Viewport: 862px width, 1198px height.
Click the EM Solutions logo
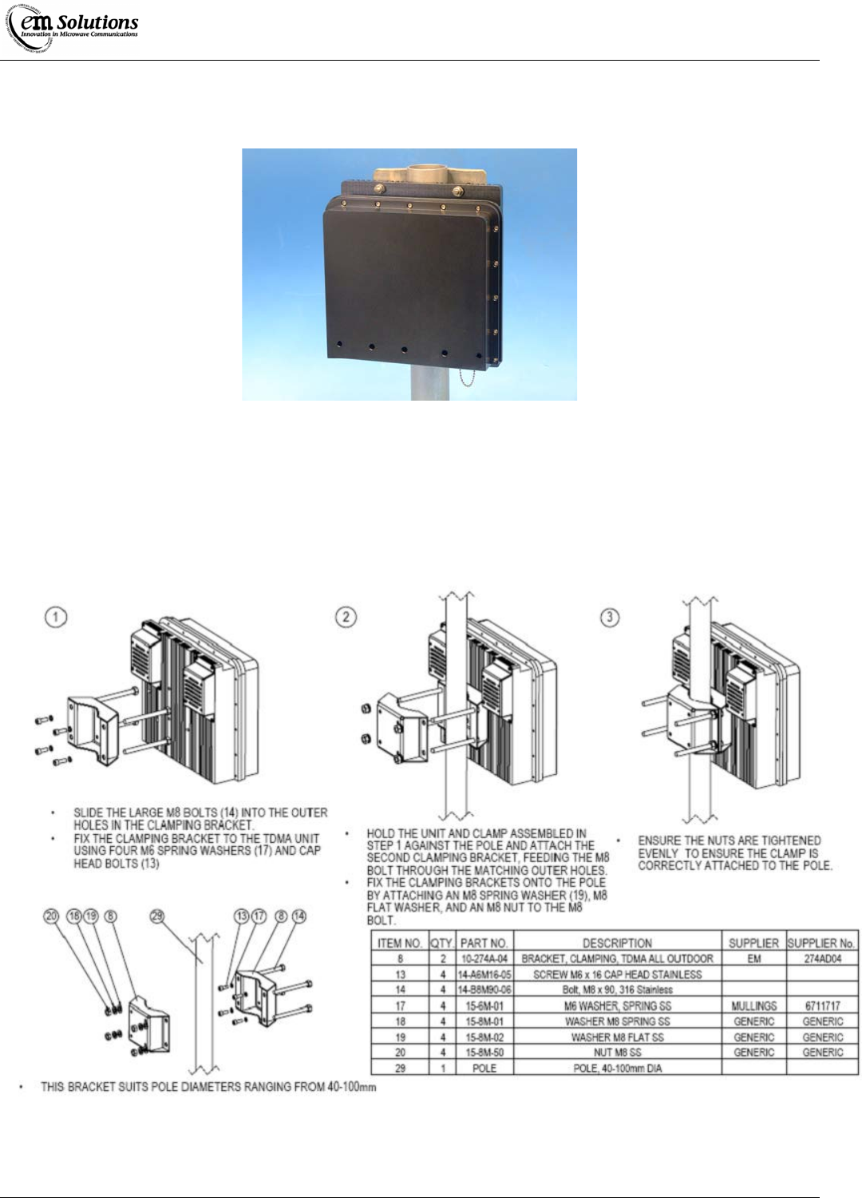[x=73, y=29]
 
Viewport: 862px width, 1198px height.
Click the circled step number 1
[x=55, y=617]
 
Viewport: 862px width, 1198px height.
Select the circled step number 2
[x=346, y=617]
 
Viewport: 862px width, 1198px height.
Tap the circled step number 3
[x=610, y=617]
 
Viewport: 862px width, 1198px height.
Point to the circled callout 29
[x=156, y=916]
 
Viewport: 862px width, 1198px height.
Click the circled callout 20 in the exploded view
[x=51, y=916]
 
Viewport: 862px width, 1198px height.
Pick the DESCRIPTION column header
[x=617, y=943]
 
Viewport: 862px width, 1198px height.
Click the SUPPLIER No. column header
[x=821, y=943]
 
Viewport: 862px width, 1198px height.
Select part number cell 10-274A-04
[x=484, y=959]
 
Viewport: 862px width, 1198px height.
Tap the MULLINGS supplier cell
[x=753, y=1006]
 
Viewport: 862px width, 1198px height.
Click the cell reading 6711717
[x=822, y=1006]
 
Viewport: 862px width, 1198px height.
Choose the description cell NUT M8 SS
[x=617, y=1053]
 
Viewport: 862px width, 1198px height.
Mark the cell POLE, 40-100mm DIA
[x=617, y=1068]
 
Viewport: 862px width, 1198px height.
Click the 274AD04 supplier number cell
[x=822, y=959]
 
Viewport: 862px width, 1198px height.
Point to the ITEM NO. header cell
[x=400, y=943]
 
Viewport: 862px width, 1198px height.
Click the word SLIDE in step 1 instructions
[x=88, y=813]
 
